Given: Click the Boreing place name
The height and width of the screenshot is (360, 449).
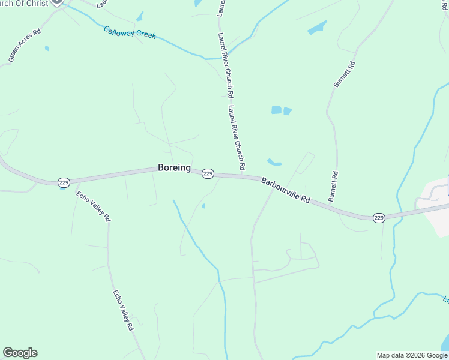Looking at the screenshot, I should [174, 168].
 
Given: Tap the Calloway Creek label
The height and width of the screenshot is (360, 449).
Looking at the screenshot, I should [130, 32].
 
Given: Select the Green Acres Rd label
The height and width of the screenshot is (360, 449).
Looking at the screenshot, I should [25, 45].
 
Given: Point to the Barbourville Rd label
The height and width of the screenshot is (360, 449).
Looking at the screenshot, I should [285, 190].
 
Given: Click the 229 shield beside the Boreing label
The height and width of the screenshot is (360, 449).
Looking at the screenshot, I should [208, 173].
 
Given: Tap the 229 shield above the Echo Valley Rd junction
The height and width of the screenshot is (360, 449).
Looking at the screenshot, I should [63, 181].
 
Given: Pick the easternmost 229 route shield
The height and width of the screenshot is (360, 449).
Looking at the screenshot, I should [378, 217].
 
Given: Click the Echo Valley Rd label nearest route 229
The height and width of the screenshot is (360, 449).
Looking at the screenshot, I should [94, 207].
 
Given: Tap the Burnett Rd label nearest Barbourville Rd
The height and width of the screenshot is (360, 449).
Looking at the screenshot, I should [333, 187].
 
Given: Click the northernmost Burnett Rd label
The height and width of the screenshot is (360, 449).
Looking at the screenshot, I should [345, 75].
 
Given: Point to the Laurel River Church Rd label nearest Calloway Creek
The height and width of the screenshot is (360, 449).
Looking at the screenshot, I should [226, 65].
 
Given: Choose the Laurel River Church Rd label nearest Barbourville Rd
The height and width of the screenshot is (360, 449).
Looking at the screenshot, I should [237, 137].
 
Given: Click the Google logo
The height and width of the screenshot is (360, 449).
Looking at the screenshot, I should [20, 353].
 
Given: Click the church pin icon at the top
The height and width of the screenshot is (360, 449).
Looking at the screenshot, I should [58, 2].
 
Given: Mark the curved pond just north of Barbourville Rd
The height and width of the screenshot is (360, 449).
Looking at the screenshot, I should [274, 162].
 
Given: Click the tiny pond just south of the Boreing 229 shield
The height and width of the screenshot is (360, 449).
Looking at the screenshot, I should [203, 206].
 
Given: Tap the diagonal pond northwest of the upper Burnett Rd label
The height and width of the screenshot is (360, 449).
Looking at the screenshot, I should [317, 28].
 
